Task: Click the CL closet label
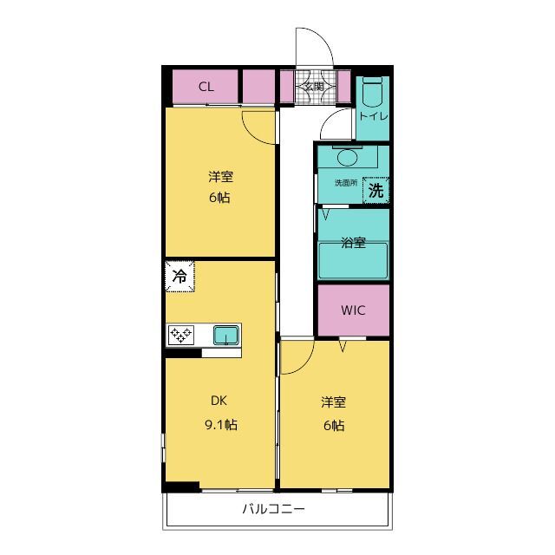click(206, 87)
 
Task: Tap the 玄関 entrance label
click(314, 87)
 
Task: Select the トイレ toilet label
click(373, 116)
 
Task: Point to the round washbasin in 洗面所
click(347, 158)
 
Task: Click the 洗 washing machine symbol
click(375, 191)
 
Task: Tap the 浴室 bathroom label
click(353, 243)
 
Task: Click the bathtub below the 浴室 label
click(353, 260)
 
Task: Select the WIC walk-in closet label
click(353, 310)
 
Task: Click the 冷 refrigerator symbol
click(180, 276)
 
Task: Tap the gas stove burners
click(181, 335)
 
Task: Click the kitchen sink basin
click(225, 336)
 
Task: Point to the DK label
click(219, 401)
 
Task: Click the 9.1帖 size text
click(221, 424)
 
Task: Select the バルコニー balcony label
click(273, 509)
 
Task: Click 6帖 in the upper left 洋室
click(219, 198)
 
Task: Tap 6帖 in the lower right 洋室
click(334, 426)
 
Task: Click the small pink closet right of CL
click(258, 87)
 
